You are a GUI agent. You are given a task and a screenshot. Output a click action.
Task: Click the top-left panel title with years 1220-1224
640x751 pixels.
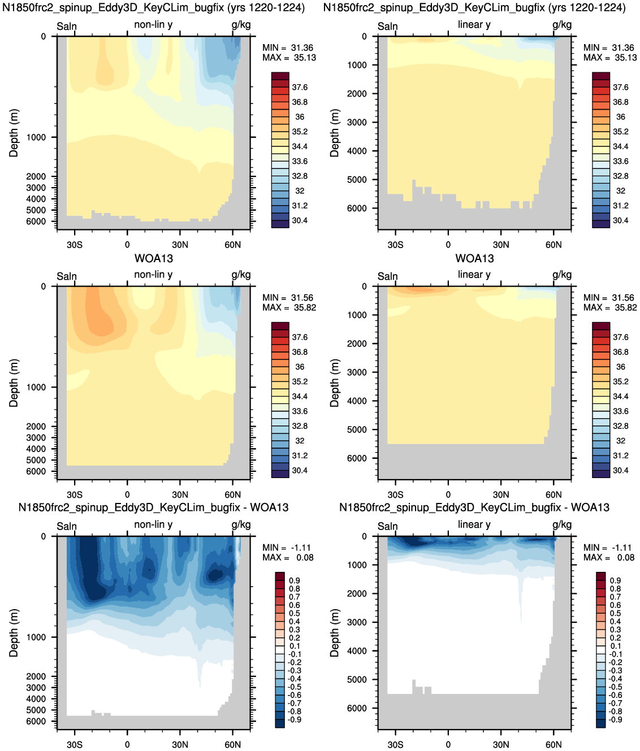tap(154, 7)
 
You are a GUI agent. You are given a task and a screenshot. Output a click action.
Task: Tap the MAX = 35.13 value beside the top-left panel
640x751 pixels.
tap(289, 58)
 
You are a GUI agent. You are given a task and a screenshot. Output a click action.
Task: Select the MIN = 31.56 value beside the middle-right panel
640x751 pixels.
tap(610, 298)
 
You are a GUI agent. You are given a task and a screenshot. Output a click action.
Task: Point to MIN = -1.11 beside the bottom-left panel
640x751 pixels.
tap(287, 548)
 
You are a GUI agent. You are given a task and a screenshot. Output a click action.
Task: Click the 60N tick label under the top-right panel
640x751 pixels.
tap(553, 245)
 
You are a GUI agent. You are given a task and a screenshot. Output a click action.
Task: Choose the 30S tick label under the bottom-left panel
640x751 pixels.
tap(75, 745)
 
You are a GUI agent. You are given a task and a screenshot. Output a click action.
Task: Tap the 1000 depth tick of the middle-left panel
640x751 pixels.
tap(36, 387)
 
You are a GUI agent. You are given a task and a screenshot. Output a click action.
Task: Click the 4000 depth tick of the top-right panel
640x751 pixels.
tap(357, 151)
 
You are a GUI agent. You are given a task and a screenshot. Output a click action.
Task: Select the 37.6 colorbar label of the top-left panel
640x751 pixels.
tap(300, 87)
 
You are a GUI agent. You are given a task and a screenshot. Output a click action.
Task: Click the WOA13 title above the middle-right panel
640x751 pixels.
tap(474, 258)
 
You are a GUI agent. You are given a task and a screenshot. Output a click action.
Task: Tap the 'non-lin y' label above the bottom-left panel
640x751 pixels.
tap(153, 524)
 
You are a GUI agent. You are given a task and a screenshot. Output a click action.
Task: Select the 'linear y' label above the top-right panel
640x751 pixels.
tap(474, 25)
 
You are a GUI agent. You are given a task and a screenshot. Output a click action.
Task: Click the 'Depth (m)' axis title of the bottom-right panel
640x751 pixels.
tap(334, 633)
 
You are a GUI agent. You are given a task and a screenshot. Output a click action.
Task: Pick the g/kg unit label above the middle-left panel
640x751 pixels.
tap(241, 275)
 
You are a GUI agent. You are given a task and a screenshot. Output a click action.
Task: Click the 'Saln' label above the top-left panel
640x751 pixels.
tap(67, 27)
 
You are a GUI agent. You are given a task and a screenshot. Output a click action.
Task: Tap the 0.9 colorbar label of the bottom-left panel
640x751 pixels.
tap(295, 580)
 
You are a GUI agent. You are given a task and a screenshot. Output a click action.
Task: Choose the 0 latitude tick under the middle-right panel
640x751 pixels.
tap(448, 495)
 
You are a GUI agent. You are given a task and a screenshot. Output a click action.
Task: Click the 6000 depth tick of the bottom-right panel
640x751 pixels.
tap(357, 709)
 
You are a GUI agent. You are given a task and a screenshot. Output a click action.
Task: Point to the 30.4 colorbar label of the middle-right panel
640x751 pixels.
tap(620, 471)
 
